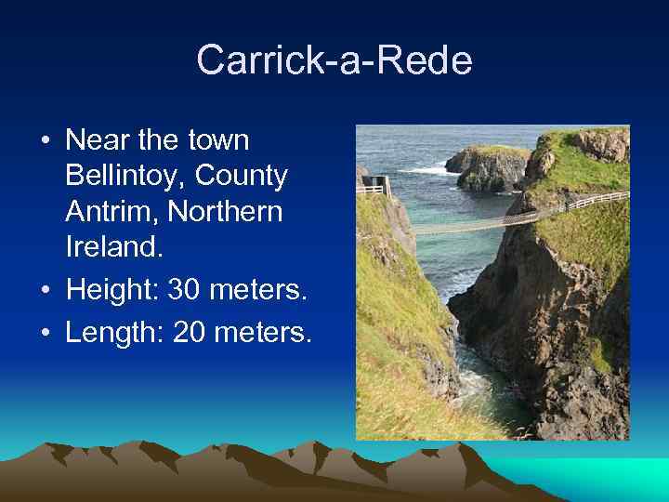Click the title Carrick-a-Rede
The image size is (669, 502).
[x=334, y=61]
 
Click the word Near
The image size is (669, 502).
[x=98, y=140]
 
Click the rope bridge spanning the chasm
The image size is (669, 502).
[x=474, y=224]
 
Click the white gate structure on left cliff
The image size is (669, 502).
[x=374, y=187]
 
